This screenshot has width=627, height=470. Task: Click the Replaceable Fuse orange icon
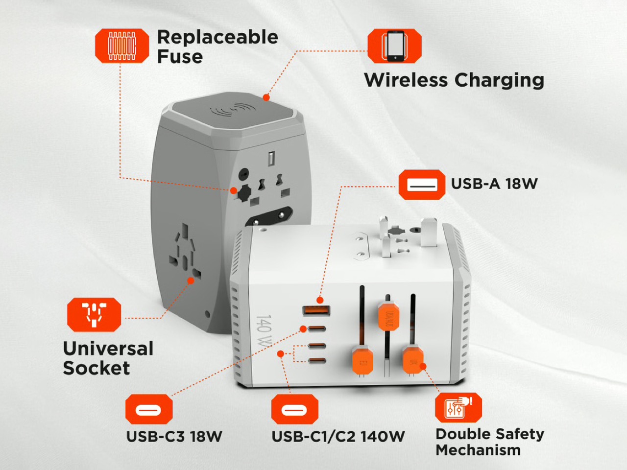point(122,46)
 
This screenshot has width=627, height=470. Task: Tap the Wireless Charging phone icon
point(394,46)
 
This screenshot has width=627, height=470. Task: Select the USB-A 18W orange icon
point(422,185)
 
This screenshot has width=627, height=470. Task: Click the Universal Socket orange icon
point(94,315)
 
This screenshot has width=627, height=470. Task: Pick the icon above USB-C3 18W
point(149,409)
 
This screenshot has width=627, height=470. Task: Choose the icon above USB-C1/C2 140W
point(294,409)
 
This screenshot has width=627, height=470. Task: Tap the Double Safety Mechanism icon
point(458,407)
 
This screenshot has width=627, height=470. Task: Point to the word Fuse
point(180,56)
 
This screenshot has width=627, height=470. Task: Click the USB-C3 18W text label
point(174,436)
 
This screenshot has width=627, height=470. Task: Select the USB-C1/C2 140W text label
point(338,436)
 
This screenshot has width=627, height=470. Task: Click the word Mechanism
point(478,450)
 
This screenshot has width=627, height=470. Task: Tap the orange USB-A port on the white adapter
point(316,310)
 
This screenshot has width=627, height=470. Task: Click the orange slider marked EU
point(362,361)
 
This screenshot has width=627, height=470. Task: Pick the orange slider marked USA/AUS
point(388,316)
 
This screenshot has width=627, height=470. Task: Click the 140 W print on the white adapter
point(264,331)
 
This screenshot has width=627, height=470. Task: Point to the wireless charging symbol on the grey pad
point(233,110)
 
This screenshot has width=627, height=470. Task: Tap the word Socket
point(96,368)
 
